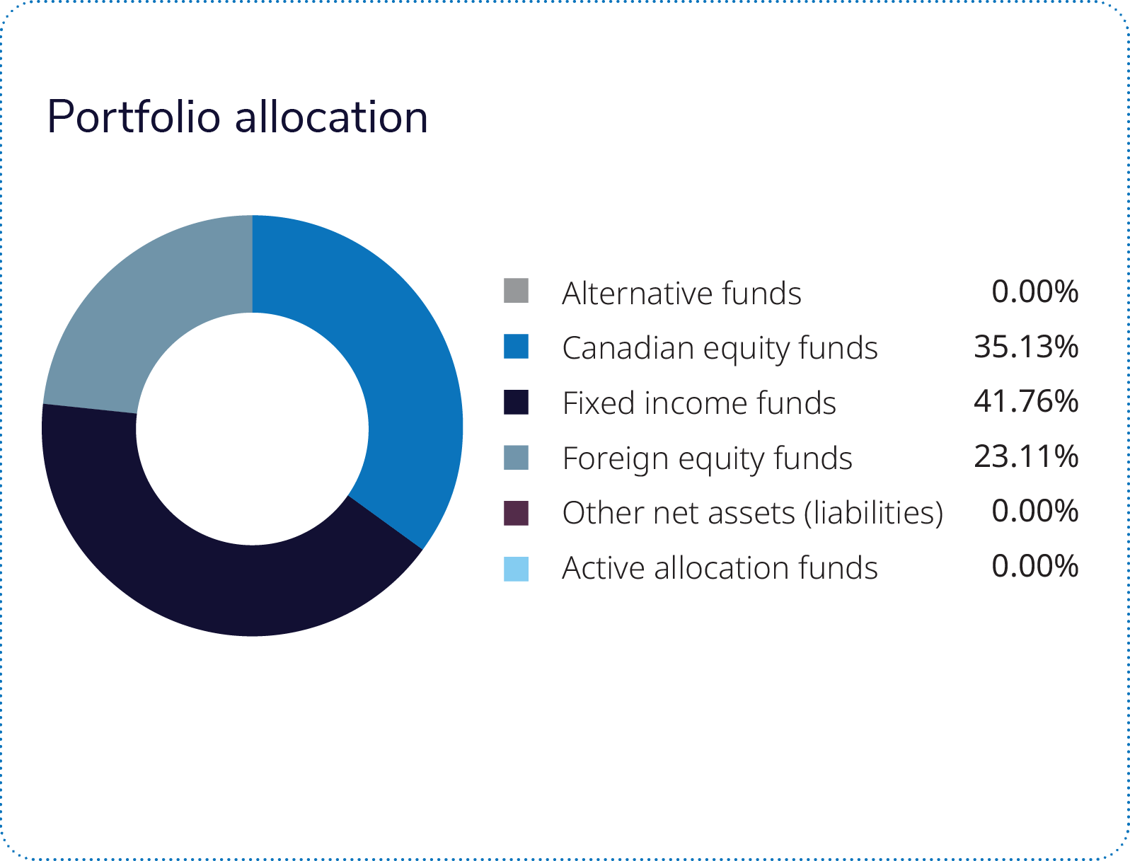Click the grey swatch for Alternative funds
pyautogui.click(x=516, y=291)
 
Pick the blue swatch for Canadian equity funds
pyautogui.click(x=516, y=347)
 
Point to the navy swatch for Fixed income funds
pyautogui.click(x=516, y=402)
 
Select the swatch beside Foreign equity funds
pyautogui.click(x=516, y=457)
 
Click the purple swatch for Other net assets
pyautogui.click(x=516, y=513)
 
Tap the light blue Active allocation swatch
pyautogui.click(x=516, y=569)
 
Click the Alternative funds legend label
pyautogui.click(x=681, y=293)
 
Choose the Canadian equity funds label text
pyautogui.click(x=720, y=348)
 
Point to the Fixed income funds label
pyautogui.click(x=699, y=403)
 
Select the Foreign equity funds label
pyautogui.click(x=707, y=458)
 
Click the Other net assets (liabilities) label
pyautogui.click(x=753, y=514)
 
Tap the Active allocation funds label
pyautogui.click(x=720, y=568)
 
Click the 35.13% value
pyautogui.click(x=1026, y=347)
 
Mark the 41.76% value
pyautogui.click(x=1026, y=402)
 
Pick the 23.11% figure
pyautogui.click(x=1026, y=457)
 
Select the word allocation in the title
pyautogui.click(x=332, y=117)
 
